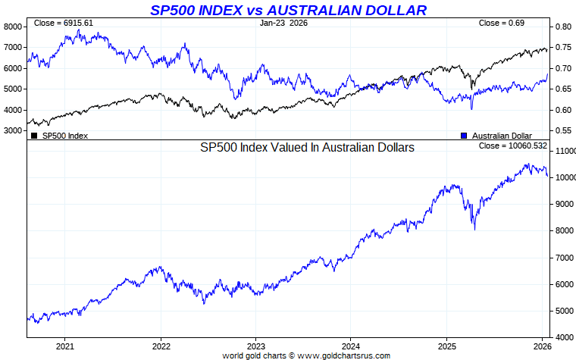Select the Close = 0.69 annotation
pyautogui.click(x=501, y=23)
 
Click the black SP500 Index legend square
pyautogui.click(x=34, y=136)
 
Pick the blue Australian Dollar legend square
pyautogui.click(x=464, y=136)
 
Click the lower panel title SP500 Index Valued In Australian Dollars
pyautogui.click(x=307, y=149)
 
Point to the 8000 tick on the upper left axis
pyautogui.click(x=14, y=27)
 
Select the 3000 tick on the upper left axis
pyautogui.click(x=14, y=131)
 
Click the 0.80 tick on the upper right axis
pyautogui.click(x=562, y=27)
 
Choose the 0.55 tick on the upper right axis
pyautogui.click(x=562, y=131)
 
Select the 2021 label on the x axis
pyautogui.click(x=64, y=346)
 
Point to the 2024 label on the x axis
pyautogui.click(x=350, y=346)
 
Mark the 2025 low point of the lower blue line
pyautogui.click(x=474, y=229)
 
